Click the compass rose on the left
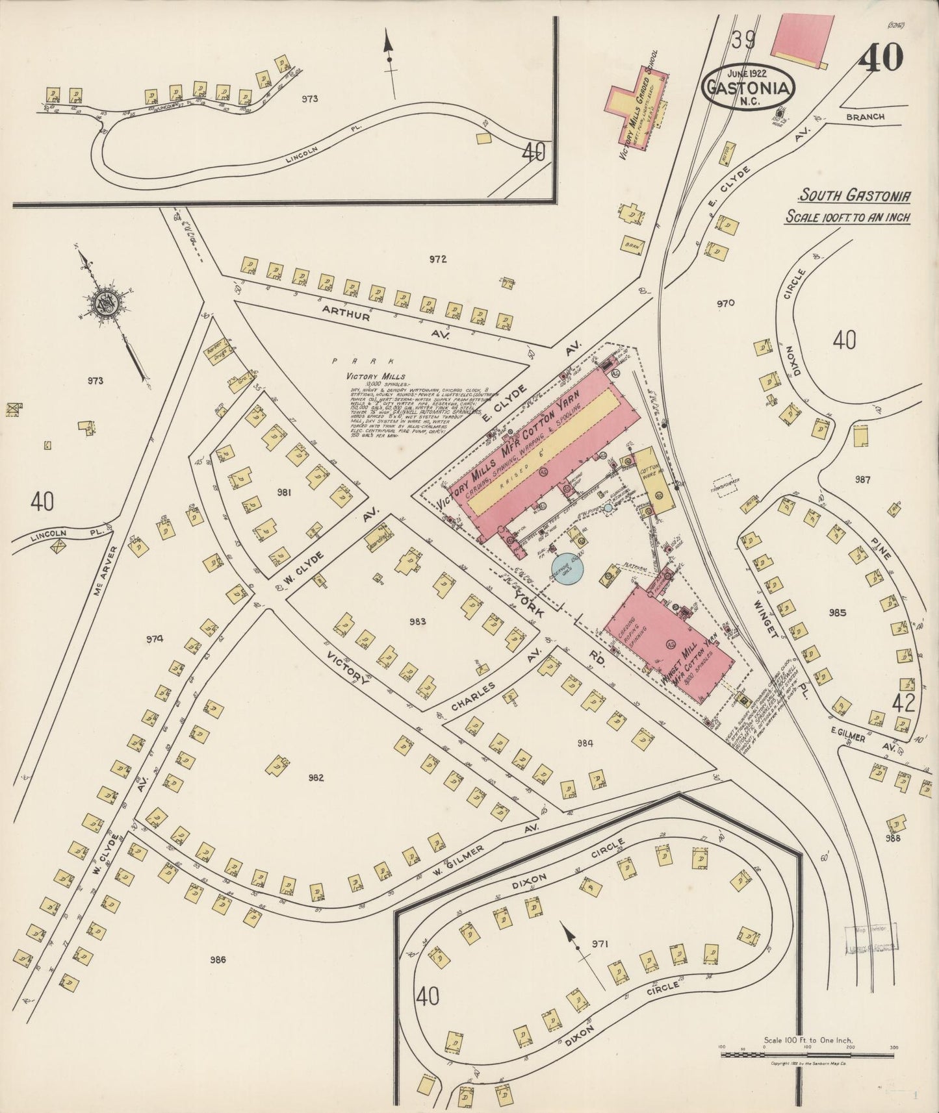(104, 303)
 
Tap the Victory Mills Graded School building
(638, 107)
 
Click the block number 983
(417, 621)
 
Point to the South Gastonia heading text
(854, 195)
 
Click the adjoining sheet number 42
(903, 703)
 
